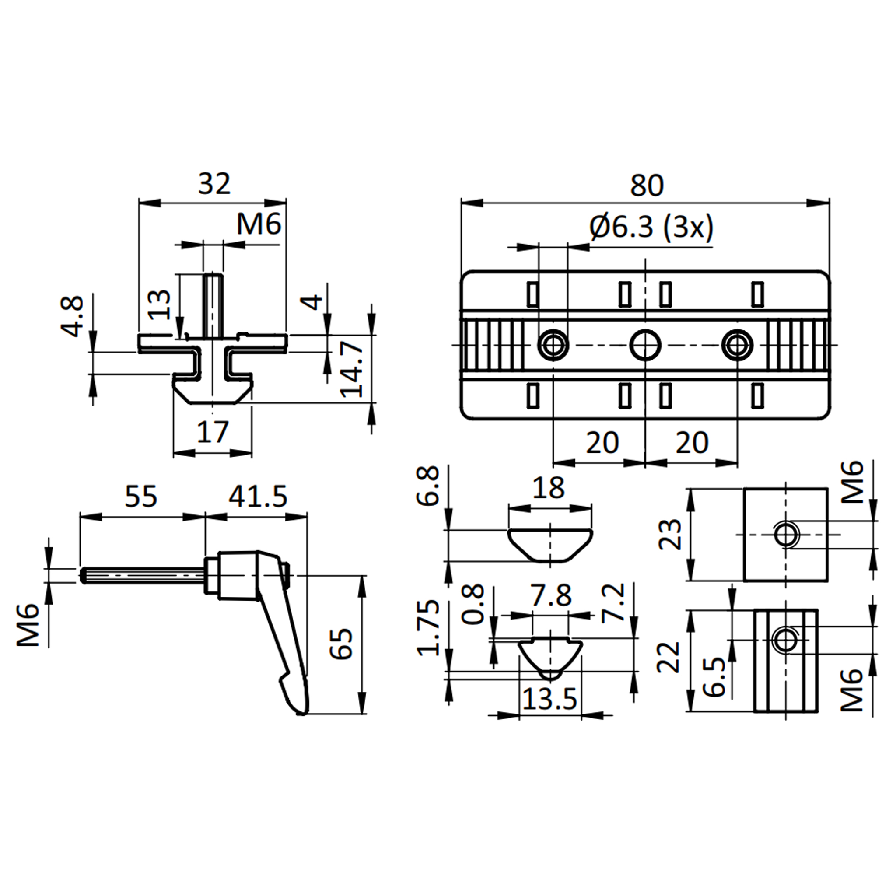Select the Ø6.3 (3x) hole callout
coord(651,229)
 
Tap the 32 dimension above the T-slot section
coord(214,184)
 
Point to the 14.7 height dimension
coord(352,369)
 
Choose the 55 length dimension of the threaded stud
coord(141,496)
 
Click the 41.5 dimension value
coord(258,496)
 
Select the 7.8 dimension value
coord(551,596)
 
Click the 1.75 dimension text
coord(428,628)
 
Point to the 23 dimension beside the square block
coord(671,534)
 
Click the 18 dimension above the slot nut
coord(549,487)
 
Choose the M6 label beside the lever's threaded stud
coord(29,625)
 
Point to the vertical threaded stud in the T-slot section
coord(213,304)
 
